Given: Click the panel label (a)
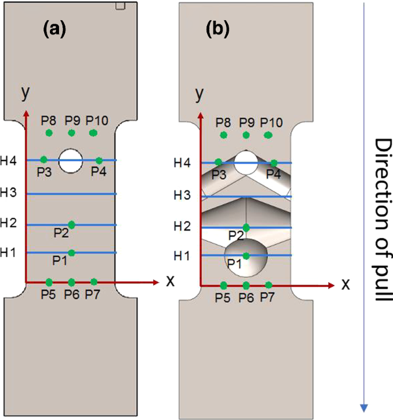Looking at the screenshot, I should click(55, 29).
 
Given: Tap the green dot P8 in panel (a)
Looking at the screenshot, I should click(49, 133).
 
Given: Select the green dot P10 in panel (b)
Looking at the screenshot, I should click(268, 135).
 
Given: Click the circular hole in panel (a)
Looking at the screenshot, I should click(71, 160).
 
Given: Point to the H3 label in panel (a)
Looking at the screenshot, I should click(9, 192).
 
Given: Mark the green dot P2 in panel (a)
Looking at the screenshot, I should click(71, 224).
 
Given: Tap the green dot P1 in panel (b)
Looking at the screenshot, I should click(246, 256).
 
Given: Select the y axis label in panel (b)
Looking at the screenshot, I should click(200, 93).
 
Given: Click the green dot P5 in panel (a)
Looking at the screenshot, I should click(49, 282).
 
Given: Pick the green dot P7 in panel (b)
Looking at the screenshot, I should click(269, 285).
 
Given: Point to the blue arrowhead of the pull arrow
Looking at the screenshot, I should click(363, 407).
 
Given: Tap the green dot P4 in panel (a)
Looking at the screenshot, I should click(99, 161).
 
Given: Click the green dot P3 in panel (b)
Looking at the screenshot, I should click(218, 163).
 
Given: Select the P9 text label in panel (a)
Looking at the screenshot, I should click(72, 120).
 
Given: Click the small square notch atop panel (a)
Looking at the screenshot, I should click(120, 6).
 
